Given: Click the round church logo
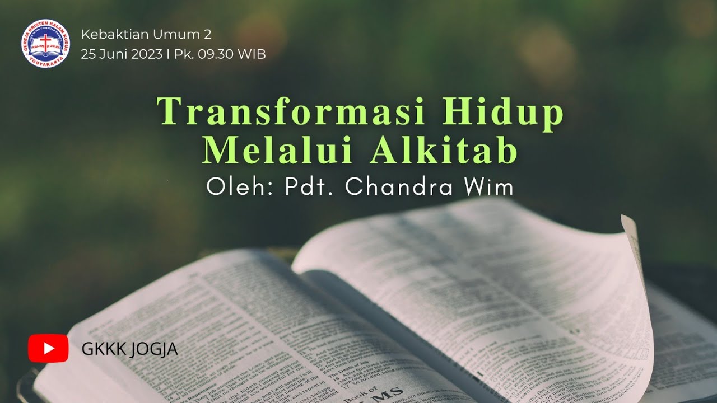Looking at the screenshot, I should click(x=46, y=43).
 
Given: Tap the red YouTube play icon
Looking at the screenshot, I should click(x=48, y=348).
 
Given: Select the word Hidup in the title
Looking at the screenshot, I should click(x=502, y=111).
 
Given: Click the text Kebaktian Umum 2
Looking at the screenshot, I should click(x=146, y=35).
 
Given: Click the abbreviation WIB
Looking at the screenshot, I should click(x=252, y=54).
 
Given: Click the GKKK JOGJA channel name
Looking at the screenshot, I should click(x=129, y=349).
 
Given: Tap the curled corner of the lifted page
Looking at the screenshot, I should click(x=630, y=224).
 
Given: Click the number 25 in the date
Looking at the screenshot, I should click(x=88, y=54).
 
